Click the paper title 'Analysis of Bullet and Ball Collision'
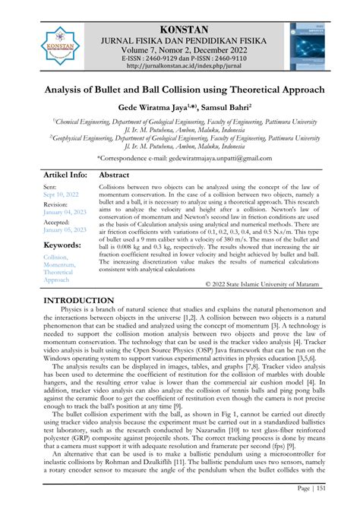click(179, 90)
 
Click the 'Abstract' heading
click(114, 174)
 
